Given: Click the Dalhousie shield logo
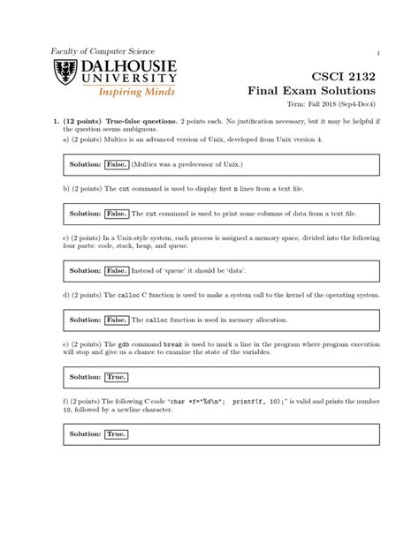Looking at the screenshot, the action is (x=66, y=76).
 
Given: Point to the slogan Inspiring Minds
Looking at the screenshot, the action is (x=134, y=91).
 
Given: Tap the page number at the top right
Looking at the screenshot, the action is (x=378, y=51).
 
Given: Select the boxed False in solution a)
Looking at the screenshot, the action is (x=117, y=164).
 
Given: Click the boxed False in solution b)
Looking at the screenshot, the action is (x=117, y=214).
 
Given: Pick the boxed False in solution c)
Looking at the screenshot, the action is (x=117, y=270).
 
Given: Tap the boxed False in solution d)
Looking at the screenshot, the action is (x=117, y=320).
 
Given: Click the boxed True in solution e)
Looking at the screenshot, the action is (x=116, y=376).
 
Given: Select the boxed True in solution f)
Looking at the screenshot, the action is (x=116, y=434).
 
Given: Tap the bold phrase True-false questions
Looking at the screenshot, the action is (x=141, y=118).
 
